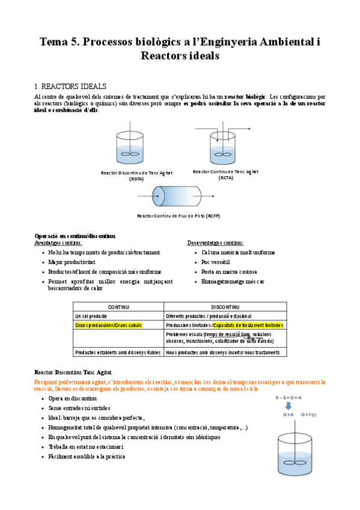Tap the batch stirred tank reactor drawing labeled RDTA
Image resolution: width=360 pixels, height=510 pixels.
click(x=130, y=147)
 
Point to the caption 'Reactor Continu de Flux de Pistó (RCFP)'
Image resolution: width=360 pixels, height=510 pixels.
click(x=178, y=216)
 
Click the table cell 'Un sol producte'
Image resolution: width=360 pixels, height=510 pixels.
click(x=91, y=316)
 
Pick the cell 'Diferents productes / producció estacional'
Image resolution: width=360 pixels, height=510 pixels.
click(x=208, y=316)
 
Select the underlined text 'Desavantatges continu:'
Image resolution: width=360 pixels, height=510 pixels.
click(x=215, y=242)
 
